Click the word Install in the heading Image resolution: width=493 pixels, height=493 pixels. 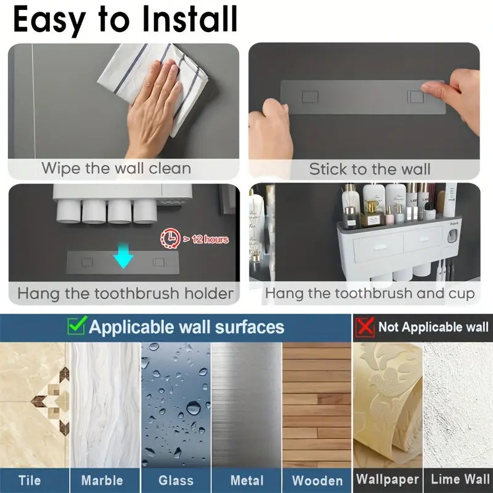point(190,19)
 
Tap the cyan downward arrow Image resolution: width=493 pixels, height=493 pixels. point(123,255)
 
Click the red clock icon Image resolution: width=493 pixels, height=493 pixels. point(171,238)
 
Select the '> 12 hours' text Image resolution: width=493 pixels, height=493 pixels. point(206,240)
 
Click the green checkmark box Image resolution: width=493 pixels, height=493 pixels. point(76,326)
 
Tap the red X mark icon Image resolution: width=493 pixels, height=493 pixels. point(365,327)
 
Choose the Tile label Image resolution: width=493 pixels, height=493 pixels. point(30,480)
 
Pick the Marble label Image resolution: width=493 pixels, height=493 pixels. point(102,481)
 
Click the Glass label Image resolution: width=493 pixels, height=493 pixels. point(176,481)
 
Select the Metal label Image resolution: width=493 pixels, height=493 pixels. point(247,481)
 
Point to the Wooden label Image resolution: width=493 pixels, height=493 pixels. point(317,481)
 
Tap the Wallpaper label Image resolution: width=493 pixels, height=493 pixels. point(388,479)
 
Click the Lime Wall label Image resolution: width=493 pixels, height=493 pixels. point(460,479)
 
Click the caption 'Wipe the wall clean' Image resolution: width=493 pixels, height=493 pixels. point(116,168)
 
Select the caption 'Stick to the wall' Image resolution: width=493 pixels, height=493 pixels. point(370,169)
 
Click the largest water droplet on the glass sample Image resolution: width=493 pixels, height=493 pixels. point(194,408)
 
